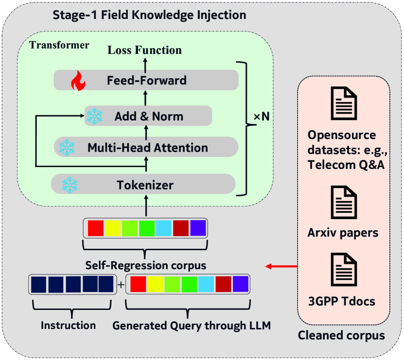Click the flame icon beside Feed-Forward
78,81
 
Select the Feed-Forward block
146,80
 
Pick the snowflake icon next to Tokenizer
70,185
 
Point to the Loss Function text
144,50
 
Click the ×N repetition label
262,117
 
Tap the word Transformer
59,45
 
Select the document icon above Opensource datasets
344,103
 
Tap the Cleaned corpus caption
341,336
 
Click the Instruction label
68,325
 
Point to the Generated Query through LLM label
191,325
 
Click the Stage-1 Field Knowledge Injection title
149,15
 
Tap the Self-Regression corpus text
145,266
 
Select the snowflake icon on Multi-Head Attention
67,147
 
